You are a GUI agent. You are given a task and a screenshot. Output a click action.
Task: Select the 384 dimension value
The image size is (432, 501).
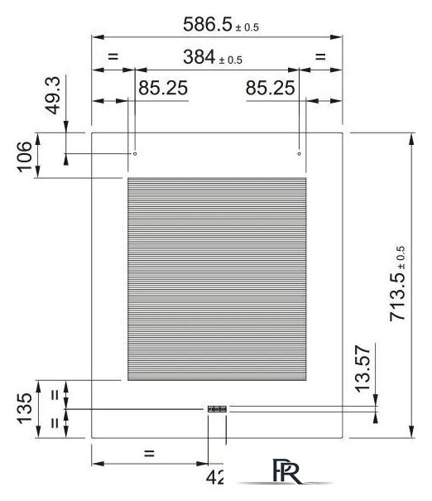coord(199,57)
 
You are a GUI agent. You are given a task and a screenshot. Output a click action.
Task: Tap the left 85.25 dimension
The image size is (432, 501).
coord(162,88)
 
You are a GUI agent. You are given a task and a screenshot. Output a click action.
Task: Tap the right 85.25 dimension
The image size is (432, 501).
coord(271,88)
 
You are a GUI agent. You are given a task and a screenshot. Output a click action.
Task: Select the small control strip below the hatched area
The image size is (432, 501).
coord(216,409)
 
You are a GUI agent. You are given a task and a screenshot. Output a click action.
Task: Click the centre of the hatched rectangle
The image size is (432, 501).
coord(217,279)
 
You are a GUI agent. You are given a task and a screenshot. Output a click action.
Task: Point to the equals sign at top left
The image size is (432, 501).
coord(114,57)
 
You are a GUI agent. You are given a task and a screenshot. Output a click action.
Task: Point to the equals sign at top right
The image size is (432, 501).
coord(320,57)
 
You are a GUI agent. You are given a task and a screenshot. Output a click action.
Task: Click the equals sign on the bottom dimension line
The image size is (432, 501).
coord(149,454)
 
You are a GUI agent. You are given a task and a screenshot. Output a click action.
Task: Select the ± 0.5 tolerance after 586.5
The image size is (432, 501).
coord(247,27)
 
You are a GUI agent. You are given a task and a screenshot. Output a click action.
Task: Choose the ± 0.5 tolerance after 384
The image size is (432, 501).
coord(229,60)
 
